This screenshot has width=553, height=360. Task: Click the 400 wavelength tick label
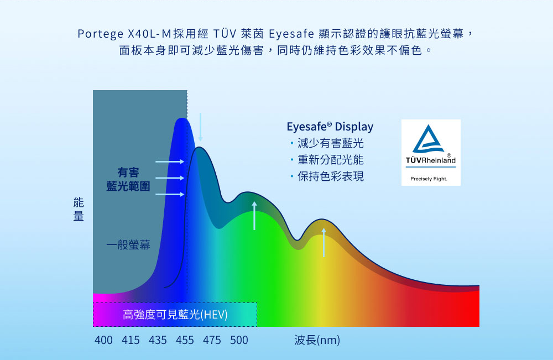click(103, 340)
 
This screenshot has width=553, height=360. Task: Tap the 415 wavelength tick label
click(131, 340)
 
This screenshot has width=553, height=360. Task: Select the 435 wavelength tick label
click(158, 340)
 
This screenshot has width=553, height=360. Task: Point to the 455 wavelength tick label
click(185, 340)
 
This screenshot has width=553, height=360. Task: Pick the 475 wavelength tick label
click(212, 340)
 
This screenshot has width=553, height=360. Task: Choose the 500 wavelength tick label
click(239, 340)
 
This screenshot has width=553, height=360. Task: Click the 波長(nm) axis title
click(317, 340)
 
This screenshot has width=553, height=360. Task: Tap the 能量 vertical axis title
click(79, 209)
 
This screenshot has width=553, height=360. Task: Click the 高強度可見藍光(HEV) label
click(175, 314)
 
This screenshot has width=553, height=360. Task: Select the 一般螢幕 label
click(128, 244)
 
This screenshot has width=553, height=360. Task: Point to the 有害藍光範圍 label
click(128, 179)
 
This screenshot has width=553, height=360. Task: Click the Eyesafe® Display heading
click(330, 127)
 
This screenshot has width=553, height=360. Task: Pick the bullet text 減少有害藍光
click(331, 143)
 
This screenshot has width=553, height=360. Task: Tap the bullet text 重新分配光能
click(331, 160)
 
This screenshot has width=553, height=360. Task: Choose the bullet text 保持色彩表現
click(331, 176)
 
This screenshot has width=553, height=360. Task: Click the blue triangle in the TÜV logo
click(429, 139)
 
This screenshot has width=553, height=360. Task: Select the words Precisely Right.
click(429, 179)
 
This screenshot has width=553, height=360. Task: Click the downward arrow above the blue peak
click(200, 127)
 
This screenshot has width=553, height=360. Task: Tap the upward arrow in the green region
click(254, 216)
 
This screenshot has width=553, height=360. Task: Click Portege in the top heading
click(101, 34)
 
